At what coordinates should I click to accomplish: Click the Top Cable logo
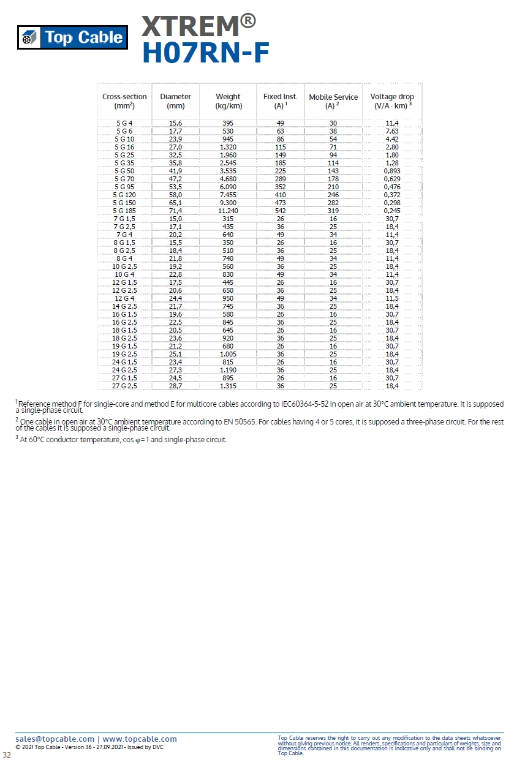point(72,37)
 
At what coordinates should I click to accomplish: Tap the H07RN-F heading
point(206,54)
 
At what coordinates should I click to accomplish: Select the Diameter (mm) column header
point(175,101)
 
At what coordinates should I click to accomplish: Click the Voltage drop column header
point(392,101)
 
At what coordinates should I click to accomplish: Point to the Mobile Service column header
point(333,101)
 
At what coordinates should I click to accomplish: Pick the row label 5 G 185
point(124,211)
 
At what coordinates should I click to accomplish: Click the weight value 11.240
point(228,211)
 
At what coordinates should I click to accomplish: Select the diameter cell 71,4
point(175,211)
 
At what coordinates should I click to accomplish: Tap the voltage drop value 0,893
point(392,171)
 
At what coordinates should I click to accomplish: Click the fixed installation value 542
point(281,211)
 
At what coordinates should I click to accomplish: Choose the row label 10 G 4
point(124,274)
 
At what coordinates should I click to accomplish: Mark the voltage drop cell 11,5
point(392,298)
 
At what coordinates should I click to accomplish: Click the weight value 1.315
point(228,386)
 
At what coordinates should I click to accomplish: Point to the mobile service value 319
point(333,211)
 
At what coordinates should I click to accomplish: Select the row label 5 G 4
point(124,123)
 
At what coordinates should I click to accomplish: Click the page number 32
point(7,755)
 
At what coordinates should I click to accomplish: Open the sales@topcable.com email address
point(55,739)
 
